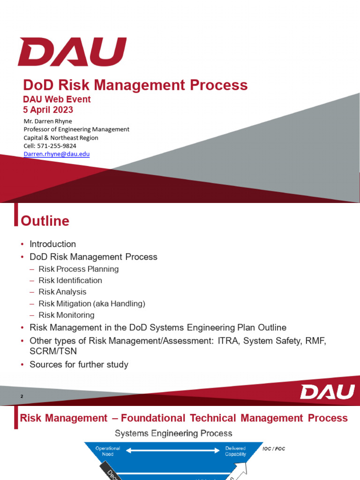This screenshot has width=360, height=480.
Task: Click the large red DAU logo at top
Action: point(72,52)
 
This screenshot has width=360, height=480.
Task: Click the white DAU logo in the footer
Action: point(327,392)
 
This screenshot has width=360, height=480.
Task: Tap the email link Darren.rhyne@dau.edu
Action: point(57,154)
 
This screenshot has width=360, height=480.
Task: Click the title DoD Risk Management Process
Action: point(135,85)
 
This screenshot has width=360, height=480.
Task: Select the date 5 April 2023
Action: point(48,110)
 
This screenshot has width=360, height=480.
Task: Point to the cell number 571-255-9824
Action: point(50,146)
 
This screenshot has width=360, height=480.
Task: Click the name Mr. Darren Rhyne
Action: point(48,121)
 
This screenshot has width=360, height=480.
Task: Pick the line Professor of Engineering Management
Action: point(76,129)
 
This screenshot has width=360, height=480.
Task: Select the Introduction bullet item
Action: point(52,244)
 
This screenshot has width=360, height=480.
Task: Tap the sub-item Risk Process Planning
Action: point(79,269)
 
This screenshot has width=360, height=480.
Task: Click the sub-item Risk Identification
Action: point(70,280)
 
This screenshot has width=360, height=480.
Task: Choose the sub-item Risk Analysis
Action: point(62,292)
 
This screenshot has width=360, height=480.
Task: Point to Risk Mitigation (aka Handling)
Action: point(92,303)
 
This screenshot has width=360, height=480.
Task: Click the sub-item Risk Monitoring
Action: point(67,315)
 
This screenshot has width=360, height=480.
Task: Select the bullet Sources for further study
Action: point(79,364)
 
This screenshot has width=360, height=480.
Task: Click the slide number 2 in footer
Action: point(22,397)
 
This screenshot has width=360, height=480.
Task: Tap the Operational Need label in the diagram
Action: point(108,451)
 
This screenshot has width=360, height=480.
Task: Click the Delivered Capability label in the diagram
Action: point(235,451)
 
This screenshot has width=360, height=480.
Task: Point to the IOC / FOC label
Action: point(274,449)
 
